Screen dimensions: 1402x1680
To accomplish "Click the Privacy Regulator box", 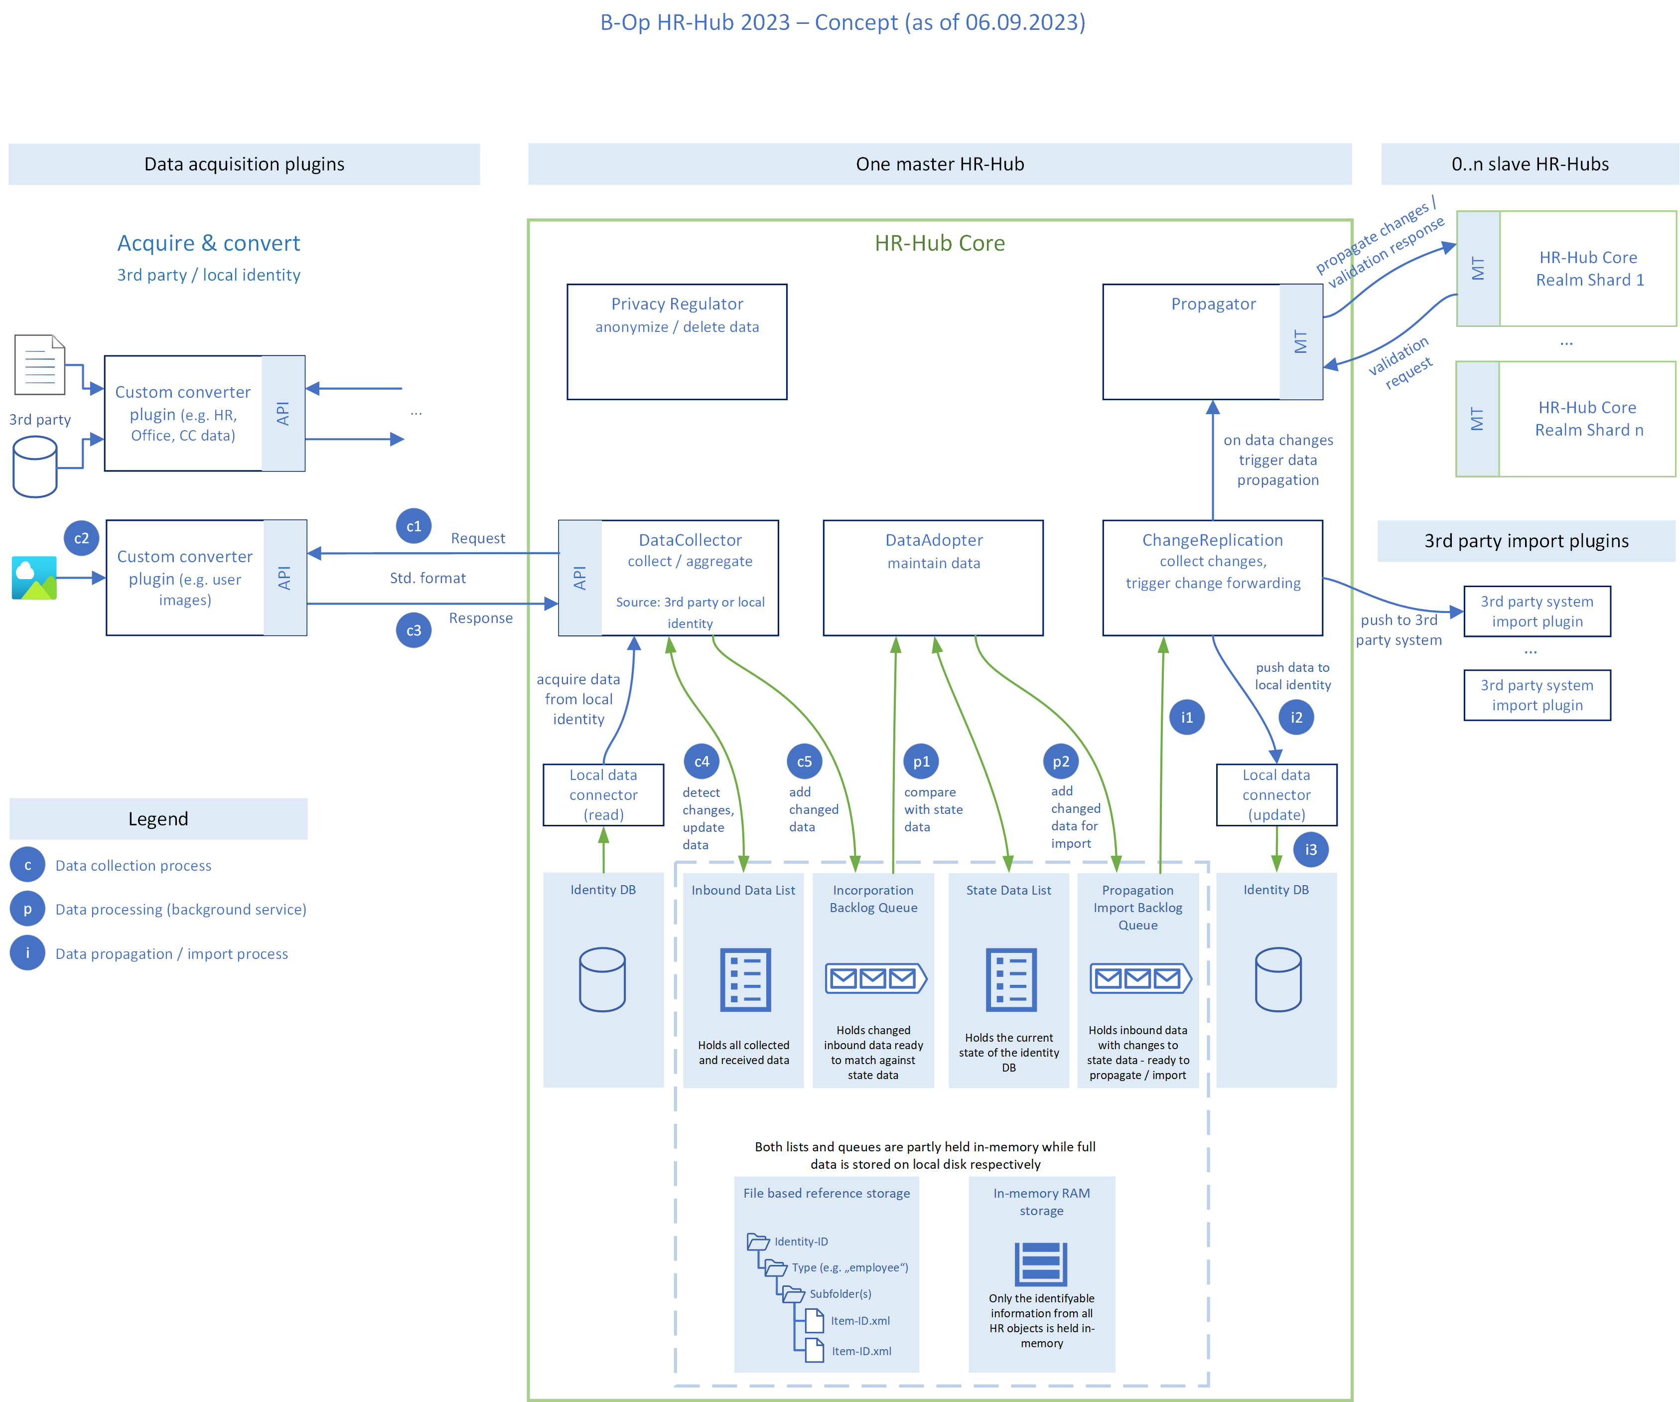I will [677, 342].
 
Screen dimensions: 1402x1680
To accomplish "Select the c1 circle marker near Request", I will [414, 526].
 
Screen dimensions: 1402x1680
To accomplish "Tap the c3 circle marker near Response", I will [414, 630].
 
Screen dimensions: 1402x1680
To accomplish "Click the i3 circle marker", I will [1310, 850].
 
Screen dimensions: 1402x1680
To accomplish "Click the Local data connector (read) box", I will [603, 794].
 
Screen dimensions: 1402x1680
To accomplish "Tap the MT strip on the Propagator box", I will [1301, 342].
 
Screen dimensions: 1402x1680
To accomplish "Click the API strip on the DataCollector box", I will [580, 578].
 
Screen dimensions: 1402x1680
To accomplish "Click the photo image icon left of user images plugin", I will [34, 578].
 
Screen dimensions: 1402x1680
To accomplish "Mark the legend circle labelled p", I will [28, 909].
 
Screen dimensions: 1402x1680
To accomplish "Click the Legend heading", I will [158, 819].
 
